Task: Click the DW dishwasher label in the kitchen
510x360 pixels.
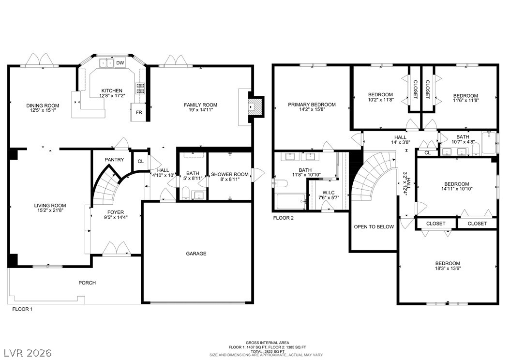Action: (120, 63)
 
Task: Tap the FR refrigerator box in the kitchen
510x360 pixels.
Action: (139, 112)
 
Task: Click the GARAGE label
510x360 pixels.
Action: (196, 254)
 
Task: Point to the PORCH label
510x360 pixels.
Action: (87, 283)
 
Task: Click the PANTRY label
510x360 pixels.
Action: (114, 160)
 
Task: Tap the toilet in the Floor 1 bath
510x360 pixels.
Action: (185, 193)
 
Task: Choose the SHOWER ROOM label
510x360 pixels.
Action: (230, 174)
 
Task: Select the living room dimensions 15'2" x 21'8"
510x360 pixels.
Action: (50, 210)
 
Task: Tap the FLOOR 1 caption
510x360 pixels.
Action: (22, 309)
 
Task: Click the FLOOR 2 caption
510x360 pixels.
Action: (283, 218)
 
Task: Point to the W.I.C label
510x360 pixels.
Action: (329, 193)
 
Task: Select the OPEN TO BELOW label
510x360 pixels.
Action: (374, 226)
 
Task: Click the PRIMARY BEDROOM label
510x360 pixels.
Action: (312, 105)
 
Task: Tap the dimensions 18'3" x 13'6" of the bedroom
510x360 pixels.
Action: (448, 268)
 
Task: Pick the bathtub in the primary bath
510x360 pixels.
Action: (291, 202)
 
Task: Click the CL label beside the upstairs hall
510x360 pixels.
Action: (428, 153)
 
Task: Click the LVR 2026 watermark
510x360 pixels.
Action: (28, 353)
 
